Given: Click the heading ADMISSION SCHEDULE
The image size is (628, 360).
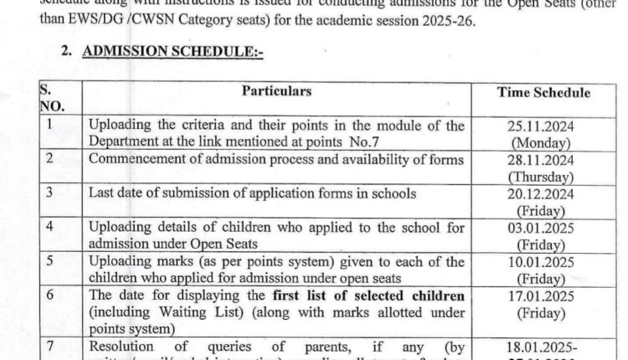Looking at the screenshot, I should pos(172,51).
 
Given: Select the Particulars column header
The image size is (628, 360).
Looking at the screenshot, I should pos(276,91).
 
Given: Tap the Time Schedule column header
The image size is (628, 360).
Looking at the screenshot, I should pos(543,93).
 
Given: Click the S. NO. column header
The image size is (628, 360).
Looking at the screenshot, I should pos(51,98).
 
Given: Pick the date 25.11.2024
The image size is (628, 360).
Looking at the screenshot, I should pos(541,126).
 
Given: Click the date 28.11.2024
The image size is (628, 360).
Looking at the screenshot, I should pos(541,161).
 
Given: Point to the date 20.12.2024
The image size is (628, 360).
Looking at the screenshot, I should pos(541,194).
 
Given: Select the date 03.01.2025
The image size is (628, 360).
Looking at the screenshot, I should pos(541,229).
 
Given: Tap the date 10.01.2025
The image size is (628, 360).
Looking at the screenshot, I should pos(541,263).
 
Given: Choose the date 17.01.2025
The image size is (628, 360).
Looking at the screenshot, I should pos(541,296).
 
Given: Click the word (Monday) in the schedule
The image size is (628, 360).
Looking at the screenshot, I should pos(541,142).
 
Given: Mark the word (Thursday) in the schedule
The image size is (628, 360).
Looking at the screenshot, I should pos(541,177).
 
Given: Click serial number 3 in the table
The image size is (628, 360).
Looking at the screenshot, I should pos(49,193).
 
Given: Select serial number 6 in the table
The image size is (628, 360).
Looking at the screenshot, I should pos(49,296).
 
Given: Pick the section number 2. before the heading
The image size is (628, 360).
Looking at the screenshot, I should pos(67,51).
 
